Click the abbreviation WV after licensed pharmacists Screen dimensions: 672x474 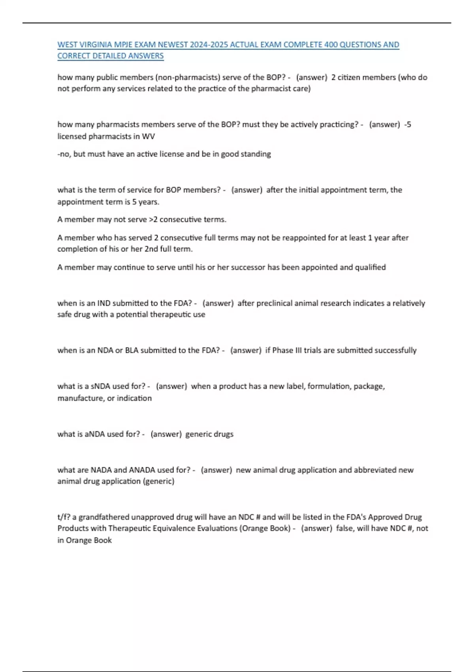pos(148,136)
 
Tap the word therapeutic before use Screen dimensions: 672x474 pos(163,315)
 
